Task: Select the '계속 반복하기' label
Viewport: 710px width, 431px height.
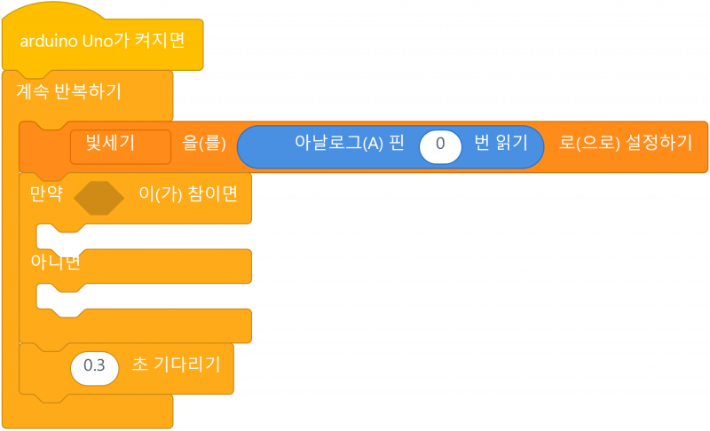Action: click(69, 91)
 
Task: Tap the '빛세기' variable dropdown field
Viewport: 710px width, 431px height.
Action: click(120, 145)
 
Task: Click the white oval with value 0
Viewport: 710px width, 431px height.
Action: click(439, 145)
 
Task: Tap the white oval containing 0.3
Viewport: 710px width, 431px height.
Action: click(94, 365)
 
